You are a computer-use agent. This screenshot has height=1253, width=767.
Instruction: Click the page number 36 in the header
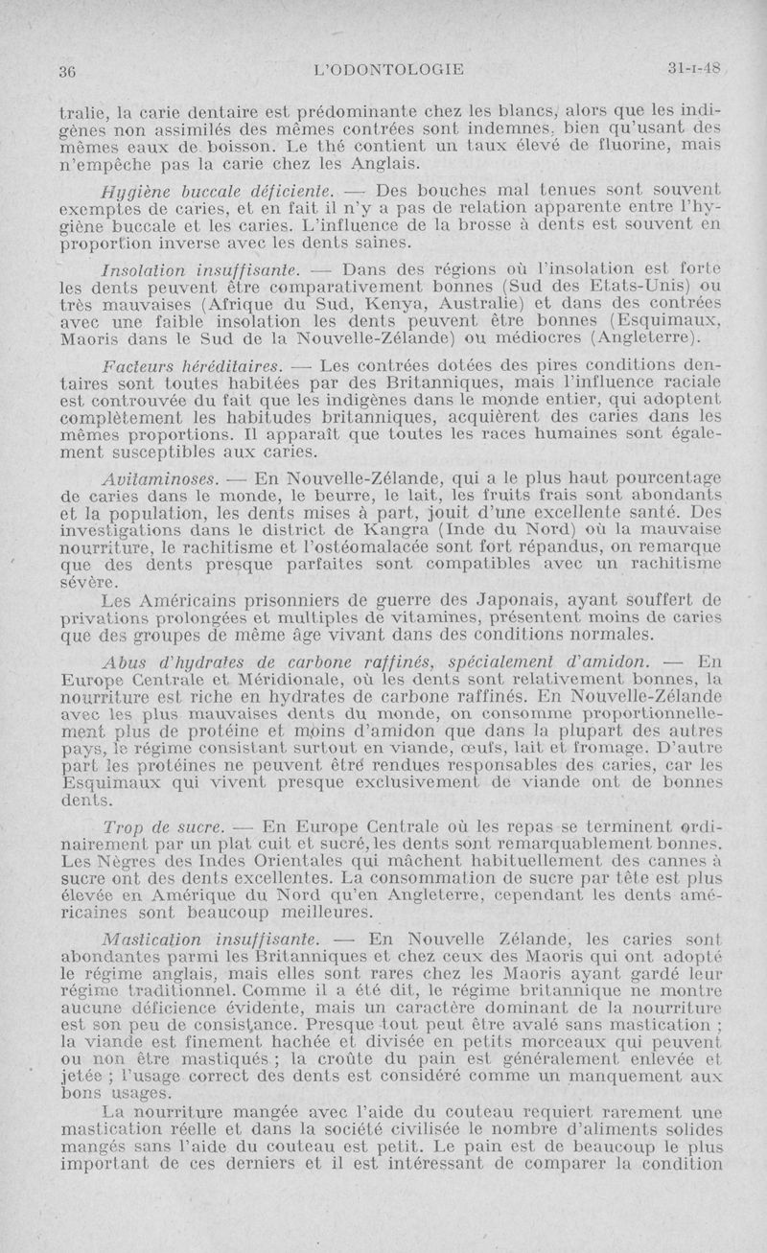[x=67, y=69]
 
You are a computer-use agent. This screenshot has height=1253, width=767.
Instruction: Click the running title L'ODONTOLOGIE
[x=393, y=68]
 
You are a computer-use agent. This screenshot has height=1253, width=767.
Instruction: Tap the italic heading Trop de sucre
[x=162, y=824]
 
